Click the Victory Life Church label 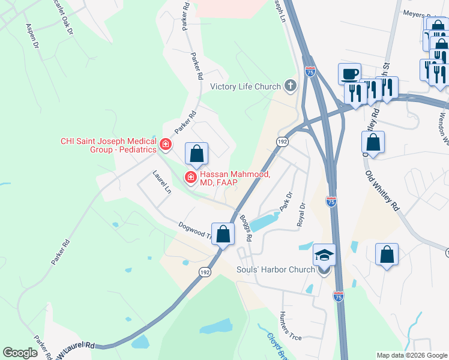246,86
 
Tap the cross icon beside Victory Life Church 291,86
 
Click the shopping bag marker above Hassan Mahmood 196,155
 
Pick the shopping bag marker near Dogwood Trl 223,234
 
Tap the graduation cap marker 324,256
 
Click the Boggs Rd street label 246,227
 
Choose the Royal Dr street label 301,214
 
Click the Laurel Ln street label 161,182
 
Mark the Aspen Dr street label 32,36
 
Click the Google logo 20,353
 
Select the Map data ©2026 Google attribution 411,355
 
